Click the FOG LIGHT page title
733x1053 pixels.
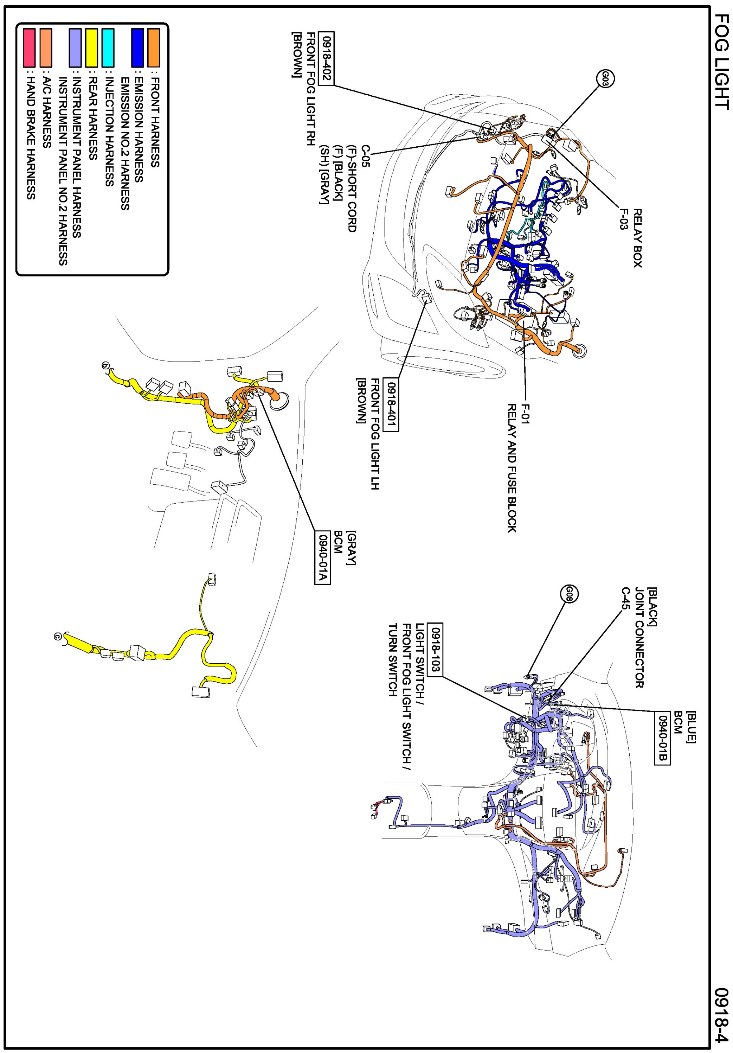click(721, 62)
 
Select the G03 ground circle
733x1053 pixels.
click(605, 78)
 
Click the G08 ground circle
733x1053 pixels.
click(569, 594)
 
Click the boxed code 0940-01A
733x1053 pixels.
click(323, 557)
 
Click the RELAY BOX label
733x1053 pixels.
click(637, 238)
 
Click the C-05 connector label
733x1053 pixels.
click(365, 156)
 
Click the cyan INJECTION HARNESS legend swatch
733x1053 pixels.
click(108, 48)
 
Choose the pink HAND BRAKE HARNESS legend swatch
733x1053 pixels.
click(29, 48)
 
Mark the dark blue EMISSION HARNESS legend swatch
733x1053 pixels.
click(137, 48)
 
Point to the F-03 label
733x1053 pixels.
click(623, 219)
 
